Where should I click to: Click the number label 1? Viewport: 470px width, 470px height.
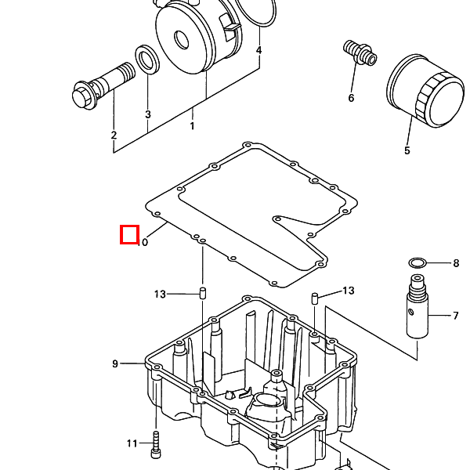coord(192,125)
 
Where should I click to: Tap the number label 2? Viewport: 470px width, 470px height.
coord(114,136)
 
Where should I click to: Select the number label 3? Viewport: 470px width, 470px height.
coord(147,114)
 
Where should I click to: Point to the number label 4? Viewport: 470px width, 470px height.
coord(259,50)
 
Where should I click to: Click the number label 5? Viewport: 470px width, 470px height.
coord(407,150)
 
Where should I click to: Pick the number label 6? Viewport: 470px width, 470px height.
coord(351,98)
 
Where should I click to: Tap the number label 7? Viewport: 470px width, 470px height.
coord(455,316)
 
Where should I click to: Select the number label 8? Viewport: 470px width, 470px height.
coord(456,263)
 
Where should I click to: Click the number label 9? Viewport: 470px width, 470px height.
coord(115,363)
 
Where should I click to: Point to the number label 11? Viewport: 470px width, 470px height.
coord(132,443)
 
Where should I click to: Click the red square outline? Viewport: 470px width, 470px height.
coord(129,234)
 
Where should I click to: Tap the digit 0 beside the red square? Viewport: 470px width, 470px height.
coord(145,243)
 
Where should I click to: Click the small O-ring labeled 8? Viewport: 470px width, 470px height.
coord(418,262)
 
